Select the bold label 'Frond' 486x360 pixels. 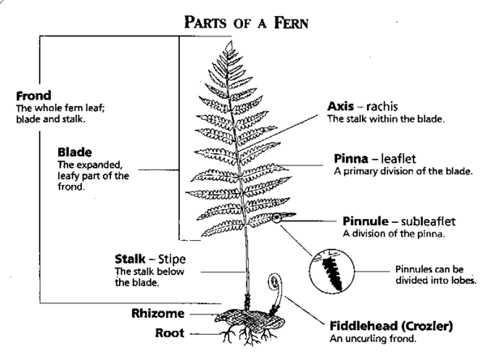(x=22, y=94)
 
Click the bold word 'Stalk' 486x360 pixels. (x=132, y=259)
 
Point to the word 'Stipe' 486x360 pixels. (x=183, y=259)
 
